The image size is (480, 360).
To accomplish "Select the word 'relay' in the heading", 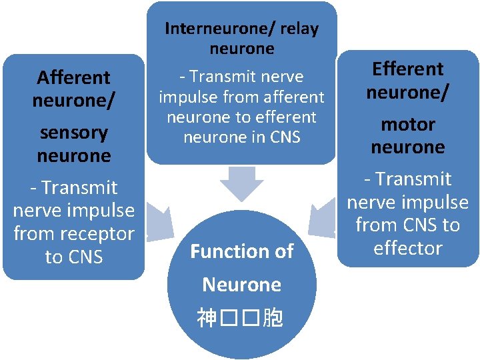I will coord(300,29).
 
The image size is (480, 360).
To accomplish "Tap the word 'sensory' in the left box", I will coord(73,132).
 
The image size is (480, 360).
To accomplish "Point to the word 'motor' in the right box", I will coord(407,124).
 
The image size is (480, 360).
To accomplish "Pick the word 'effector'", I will coord(407,248).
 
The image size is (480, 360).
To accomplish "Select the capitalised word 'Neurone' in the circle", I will coord(241,285).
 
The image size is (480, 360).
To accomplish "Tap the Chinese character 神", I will coord(207,319).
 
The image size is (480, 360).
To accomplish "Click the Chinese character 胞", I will coord(273,319).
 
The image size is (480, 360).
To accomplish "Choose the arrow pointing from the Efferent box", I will coord(323,217).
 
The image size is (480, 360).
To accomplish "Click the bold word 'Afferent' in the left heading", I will coord(73,77).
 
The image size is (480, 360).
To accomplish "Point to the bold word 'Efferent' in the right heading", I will coord(407,69).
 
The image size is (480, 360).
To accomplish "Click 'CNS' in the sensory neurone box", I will coord(85,257).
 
